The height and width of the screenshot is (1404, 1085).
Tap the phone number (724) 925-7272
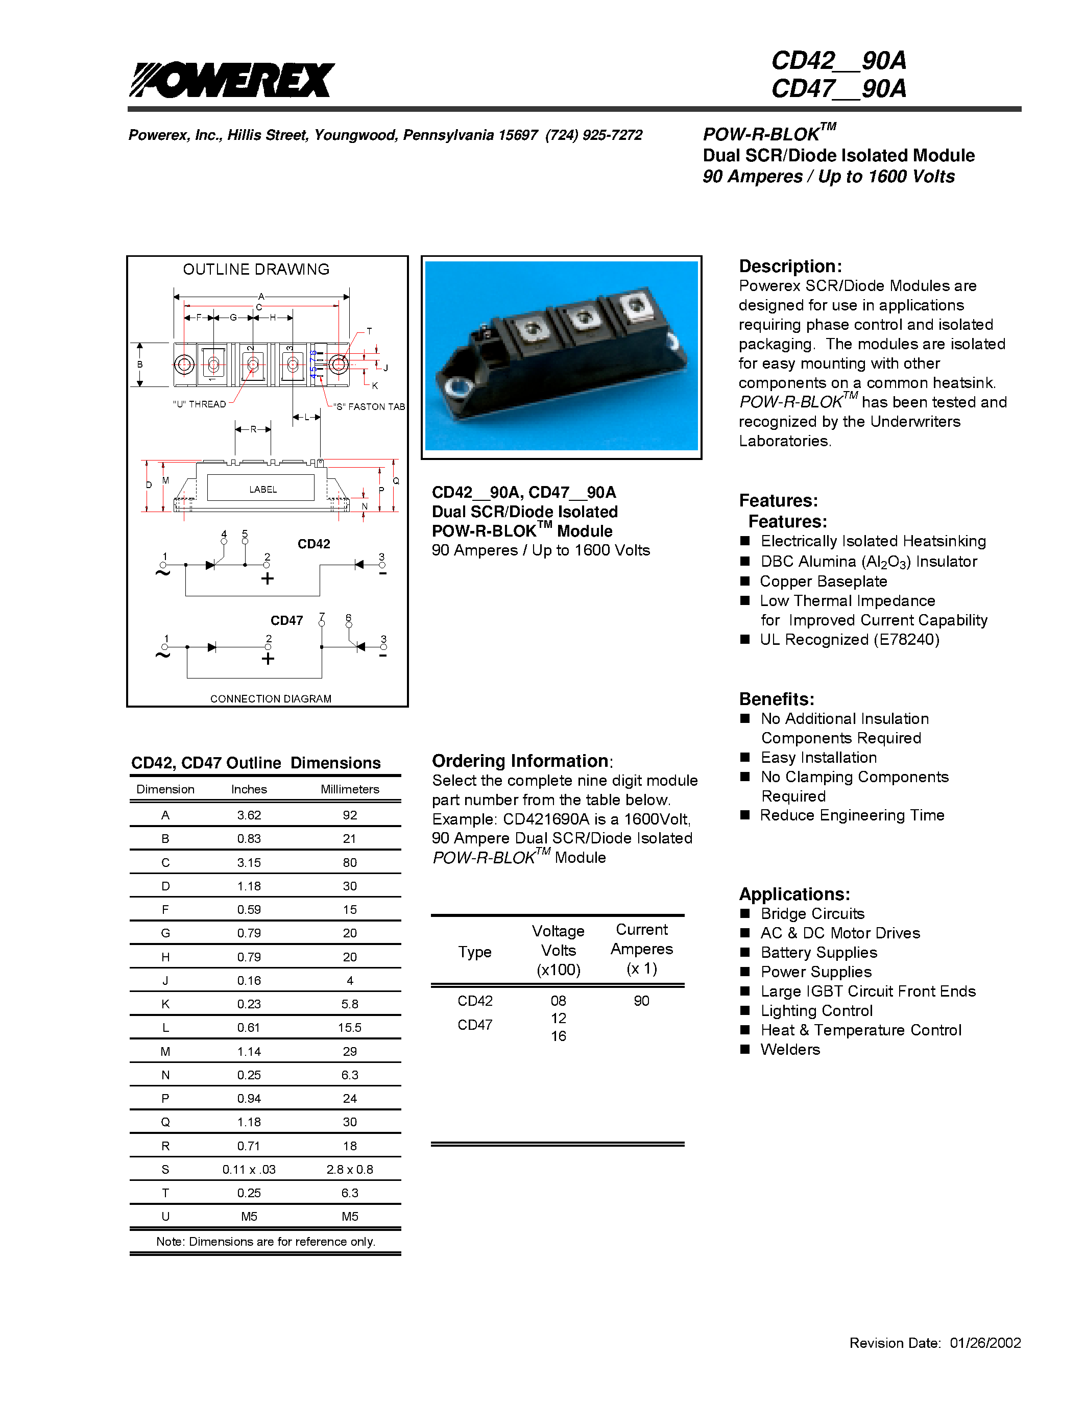click(593, 135)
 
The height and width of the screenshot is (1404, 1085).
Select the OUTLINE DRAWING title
click(256, 270)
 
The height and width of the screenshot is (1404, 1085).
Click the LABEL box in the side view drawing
click(262, 489)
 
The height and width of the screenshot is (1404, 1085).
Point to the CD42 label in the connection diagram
click(314, 544)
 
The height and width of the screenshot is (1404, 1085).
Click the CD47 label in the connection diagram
click(286, 620)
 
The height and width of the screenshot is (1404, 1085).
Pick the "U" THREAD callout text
click(199, 404)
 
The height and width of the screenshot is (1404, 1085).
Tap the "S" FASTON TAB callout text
click(369, 407)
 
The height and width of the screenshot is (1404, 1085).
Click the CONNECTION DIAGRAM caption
click(271, 699)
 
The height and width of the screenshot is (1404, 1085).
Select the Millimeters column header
click(350, 789)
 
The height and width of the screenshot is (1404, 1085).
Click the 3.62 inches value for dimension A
click(249, 815)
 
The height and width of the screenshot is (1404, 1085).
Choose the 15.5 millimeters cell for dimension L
click(350, 1028)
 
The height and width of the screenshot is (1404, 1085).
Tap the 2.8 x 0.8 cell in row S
click(350, 1169)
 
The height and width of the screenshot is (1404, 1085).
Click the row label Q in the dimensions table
click(165, 1122)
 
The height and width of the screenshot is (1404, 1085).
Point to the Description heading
click(790, 266)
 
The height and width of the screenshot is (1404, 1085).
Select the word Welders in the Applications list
click(790, 1050)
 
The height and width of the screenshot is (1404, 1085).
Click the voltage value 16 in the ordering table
click(559, 1036)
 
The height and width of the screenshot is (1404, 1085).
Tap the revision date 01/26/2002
click(985, 1343)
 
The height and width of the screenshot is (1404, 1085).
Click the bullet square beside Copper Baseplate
click(745, 581)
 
